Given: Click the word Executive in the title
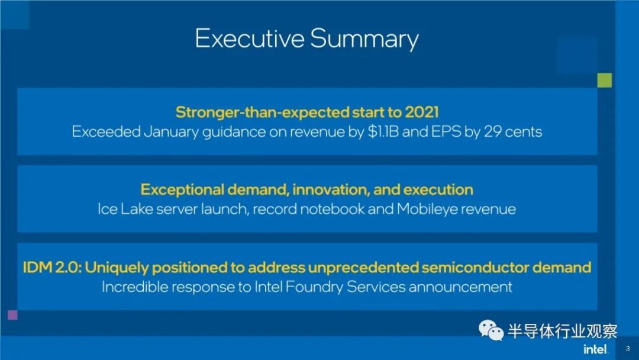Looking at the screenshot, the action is [x=250, y=38].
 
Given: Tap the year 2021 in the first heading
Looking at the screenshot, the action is [x=421, y=112].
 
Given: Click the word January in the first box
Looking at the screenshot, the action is [x=171, y=132].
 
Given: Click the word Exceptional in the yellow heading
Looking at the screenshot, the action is [x=182, y=189].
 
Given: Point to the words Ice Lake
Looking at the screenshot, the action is [x=125, y=209].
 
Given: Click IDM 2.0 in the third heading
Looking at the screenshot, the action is [x=51, y=268].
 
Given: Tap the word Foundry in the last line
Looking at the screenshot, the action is [x=314, y=287].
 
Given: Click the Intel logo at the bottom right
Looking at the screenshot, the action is [x=595, y=349].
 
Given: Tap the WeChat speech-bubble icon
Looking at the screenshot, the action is [x=491, y=330].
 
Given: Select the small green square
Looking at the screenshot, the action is [x=604, y=80].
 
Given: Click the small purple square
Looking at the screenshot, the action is [x=12, y=315].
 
